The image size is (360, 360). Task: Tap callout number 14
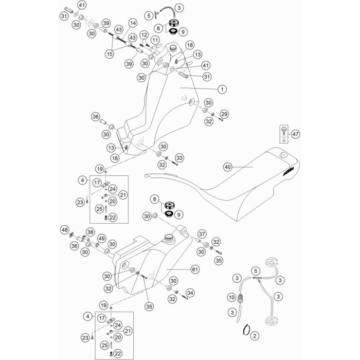pos(133,23)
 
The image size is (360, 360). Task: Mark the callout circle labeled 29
pos(224,113)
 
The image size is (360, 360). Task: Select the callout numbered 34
pos(191,293)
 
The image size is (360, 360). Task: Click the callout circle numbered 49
pos(102,238)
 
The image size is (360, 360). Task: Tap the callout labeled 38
pos(90,232)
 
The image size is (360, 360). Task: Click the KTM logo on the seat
pos(290,175)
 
